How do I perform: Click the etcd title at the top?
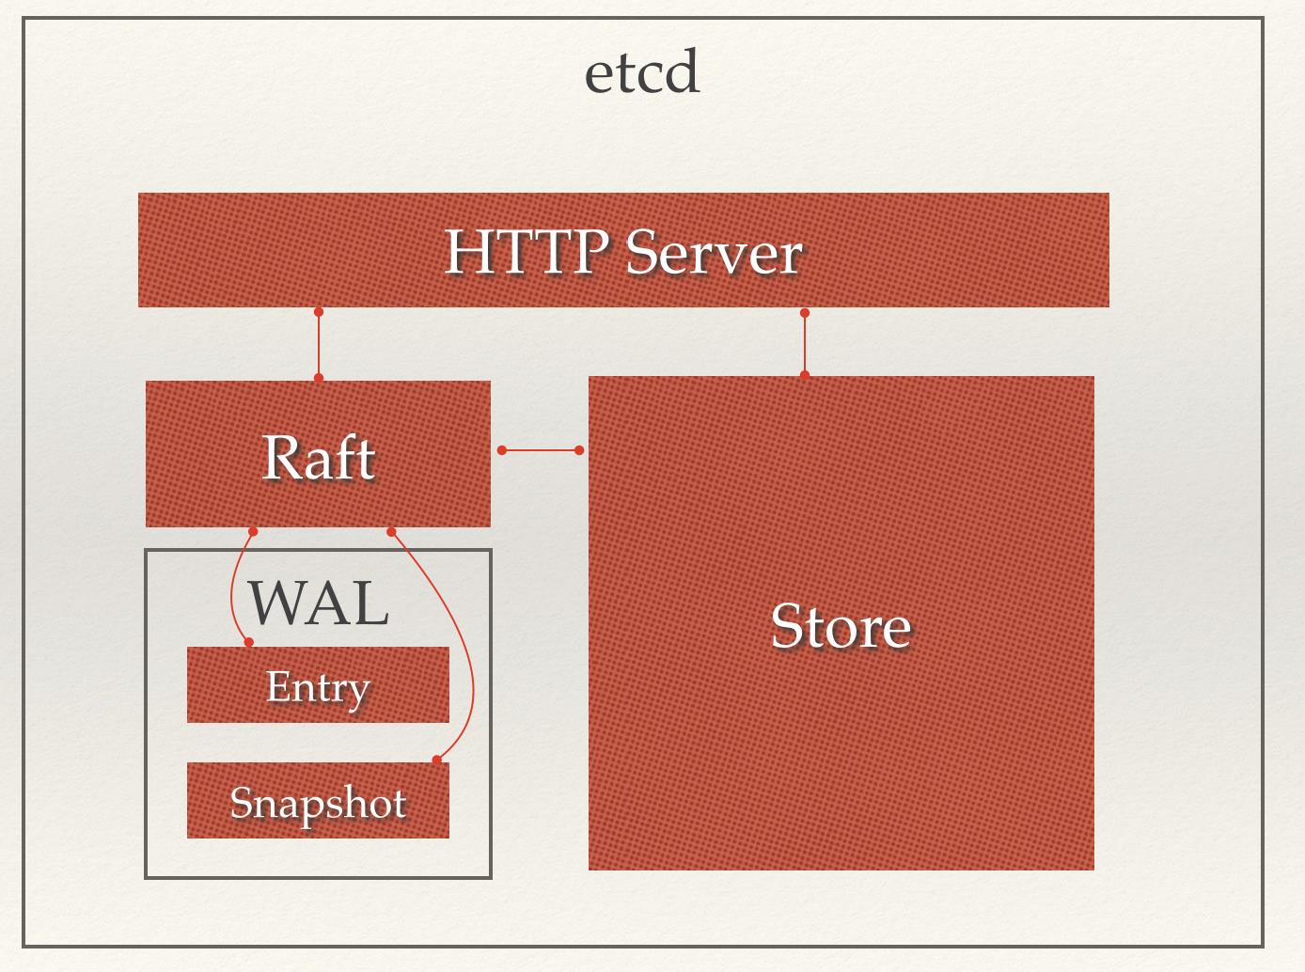point(642,73)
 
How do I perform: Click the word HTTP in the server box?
point(525,252)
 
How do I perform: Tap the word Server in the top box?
point(714,252)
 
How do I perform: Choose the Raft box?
point(318,454)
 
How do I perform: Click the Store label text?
point(841,626)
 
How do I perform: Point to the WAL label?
point(318,603)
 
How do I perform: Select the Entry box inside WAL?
point(318,685)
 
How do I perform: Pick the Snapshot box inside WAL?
point(318,801)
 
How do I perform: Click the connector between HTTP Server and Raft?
point(319,345)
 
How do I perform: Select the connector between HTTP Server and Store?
point(804,344)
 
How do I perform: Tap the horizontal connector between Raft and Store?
point(540,450)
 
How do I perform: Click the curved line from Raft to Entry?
point(232,588)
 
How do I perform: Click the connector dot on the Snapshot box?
point(436,760)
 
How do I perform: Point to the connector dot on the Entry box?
point(249,642)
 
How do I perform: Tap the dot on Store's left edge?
point(579,450)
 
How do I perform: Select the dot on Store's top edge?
point(804,375)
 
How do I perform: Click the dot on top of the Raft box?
point(319,378)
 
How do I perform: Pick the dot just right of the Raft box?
point(502,450)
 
